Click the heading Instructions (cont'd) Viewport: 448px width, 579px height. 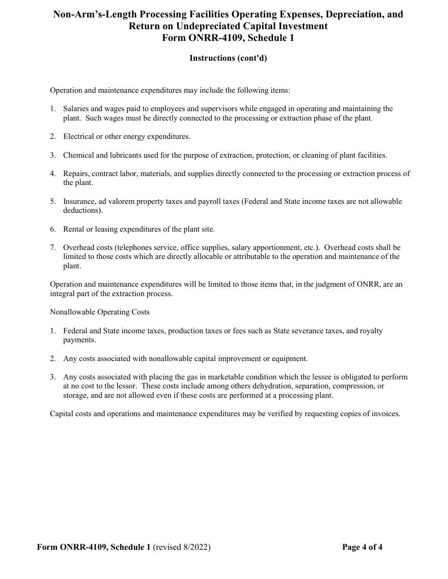228,58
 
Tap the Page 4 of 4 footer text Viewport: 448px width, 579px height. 362,547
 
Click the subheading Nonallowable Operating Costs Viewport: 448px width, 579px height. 100,312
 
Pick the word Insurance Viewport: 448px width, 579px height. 80,201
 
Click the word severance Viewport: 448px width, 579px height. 307,331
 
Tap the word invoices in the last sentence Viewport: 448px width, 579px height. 386,414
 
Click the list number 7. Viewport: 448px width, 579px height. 53,248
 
